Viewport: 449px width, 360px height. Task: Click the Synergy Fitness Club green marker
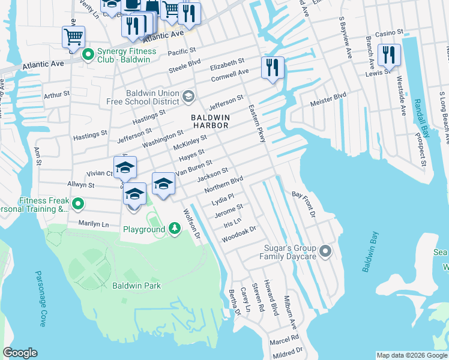pyautogui.click(x=88, y=55)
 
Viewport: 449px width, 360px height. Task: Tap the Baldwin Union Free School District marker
pyautogui.click(x=188, y=96)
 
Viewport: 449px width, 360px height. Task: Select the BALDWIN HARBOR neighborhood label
pyautogui.click(x=210, y=121)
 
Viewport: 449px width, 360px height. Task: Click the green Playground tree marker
pyautogui.click(x=174, y=229)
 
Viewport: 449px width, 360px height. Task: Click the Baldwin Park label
pyautogui.click(x=136, y=286)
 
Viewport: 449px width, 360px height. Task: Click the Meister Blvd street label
pyautogui.click(x=328, y=100)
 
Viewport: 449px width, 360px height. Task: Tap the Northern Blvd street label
pyautogui.click(x=223, y=184)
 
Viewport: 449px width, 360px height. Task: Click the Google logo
pyautogui.click(x=20, y=353)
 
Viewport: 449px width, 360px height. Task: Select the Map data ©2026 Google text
pyautogui.click(x=411, y=355)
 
